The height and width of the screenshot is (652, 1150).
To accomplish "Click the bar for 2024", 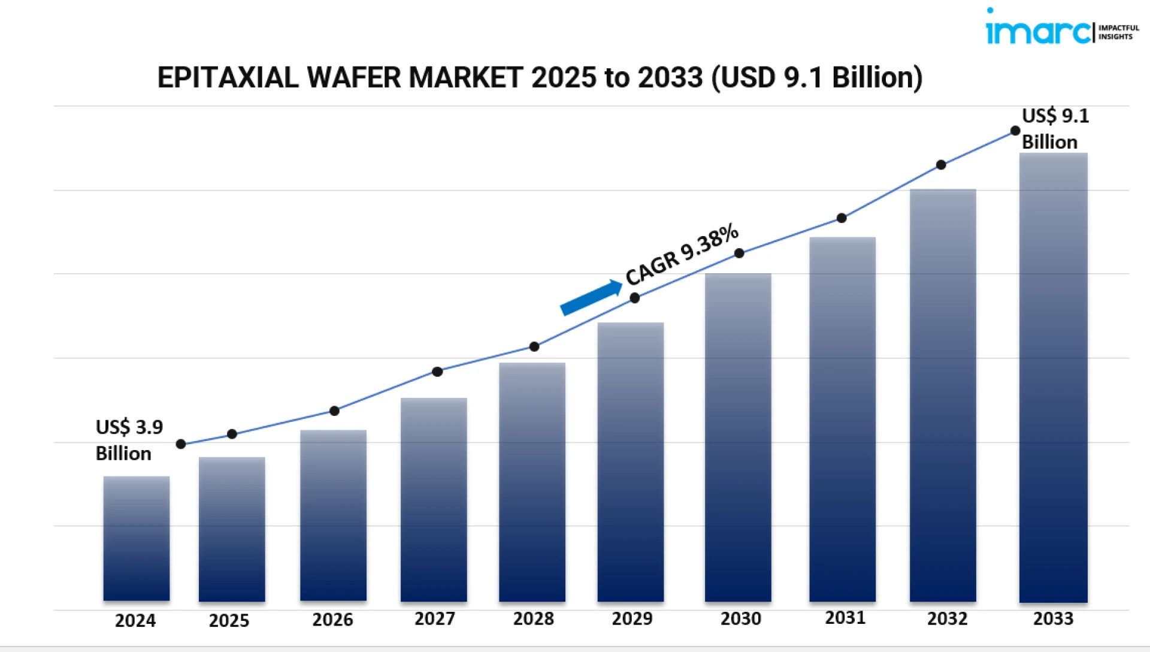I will point(137,538).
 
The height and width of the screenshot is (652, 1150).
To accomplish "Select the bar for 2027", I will point(434,499).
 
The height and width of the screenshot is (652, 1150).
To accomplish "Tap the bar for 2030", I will point(738,437).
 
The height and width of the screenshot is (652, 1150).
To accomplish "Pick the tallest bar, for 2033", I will point(1053,378).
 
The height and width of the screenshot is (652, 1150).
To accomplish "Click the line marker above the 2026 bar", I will point(334,410).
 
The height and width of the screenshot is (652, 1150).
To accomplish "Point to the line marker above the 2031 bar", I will point(842,218).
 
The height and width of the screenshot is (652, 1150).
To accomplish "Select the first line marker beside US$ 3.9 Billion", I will point(181,444).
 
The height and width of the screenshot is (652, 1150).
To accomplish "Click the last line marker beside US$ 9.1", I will point(1015,131).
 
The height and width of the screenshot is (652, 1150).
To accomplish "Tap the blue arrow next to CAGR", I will point(591,297).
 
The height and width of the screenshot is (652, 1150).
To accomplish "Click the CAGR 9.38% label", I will point(682,254).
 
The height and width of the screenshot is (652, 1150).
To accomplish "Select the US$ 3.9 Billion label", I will point(128,440).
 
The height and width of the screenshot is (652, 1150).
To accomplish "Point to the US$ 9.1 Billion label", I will point(1054,129).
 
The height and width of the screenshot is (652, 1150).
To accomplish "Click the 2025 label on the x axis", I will point(229,620).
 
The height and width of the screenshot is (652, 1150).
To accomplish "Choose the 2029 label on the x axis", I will point(632,618).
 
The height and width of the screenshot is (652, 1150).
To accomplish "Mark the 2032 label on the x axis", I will point(947,618).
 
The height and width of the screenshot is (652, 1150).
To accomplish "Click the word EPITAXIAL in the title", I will point(228,78).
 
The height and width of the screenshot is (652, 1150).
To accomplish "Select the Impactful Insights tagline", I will point(1118,32).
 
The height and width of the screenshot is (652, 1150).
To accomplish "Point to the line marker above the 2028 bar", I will point(534,346).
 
